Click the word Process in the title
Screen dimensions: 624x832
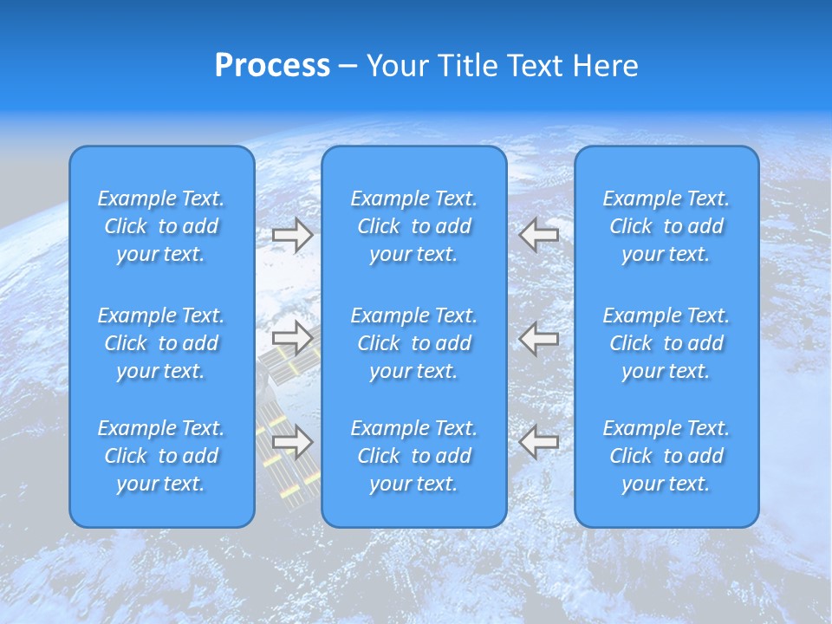click(x=272, y=66)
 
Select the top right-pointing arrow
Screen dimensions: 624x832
click(x=292, y=234)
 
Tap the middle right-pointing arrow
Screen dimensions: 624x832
click(x=292, y=338)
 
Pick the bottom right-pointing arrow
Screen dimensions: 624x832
click(x=292, y=442)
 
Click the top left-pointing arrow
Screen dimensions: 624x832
click(x=539, y=234)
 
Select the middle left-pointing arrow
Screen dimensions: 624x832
click(x=539, y=338)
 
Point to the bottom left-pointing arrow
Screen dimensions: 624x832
click(x=539, y=442)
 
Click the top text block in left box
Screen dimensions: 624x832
click(x=161, y=226)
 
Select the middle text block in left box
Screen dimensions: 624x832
click(x=161, y=343)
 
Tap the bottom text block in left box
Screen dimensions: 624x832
click(x=161, y=456)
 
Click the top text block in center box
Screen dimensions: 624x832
click(x=413, y=226)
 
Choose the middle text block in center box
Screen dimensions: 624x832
click(x=413, y=343)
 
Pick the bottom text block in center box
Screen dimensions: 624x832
click(x=413, y=456)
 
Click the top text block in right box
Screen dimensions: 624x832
click(x=666, y=226)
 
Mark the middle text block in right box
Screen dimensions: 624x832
click(x=666, y=343)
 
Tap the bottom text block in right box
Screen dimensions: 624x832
click(x=666, y=456)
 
